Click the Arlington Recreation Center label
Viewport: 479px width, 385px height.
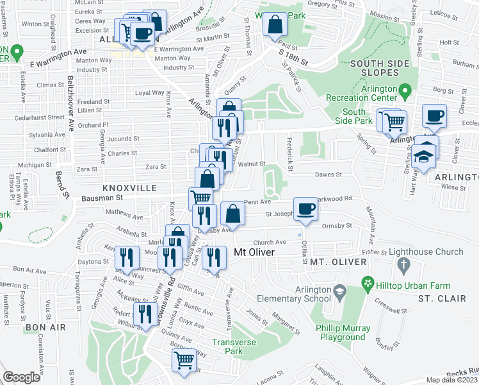pyautogui.click(x=362, y=92)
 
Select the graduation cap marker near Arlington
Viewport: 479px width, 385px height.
pyautogui.click(x=423, y=155)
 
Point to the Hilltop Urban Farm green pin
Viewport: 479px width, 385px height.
pyautogui.click(x=368, y=282)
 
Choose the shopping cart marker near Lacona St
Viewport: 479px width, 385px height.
pyautogui.click(x=184, y=360)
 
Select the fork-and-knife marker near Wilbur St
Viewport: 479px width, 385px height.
pyautogui.click(x=145, y=314)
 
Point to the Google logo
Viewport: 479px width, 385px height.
pyautogui.click(x=21, y=377)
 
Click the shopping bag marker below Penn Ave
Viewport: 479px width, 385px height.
pyautogui.click(x=233, y=214)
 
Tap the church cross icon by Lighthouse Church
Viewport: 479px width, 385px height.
pyautogui.click(x=403, y=264)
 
